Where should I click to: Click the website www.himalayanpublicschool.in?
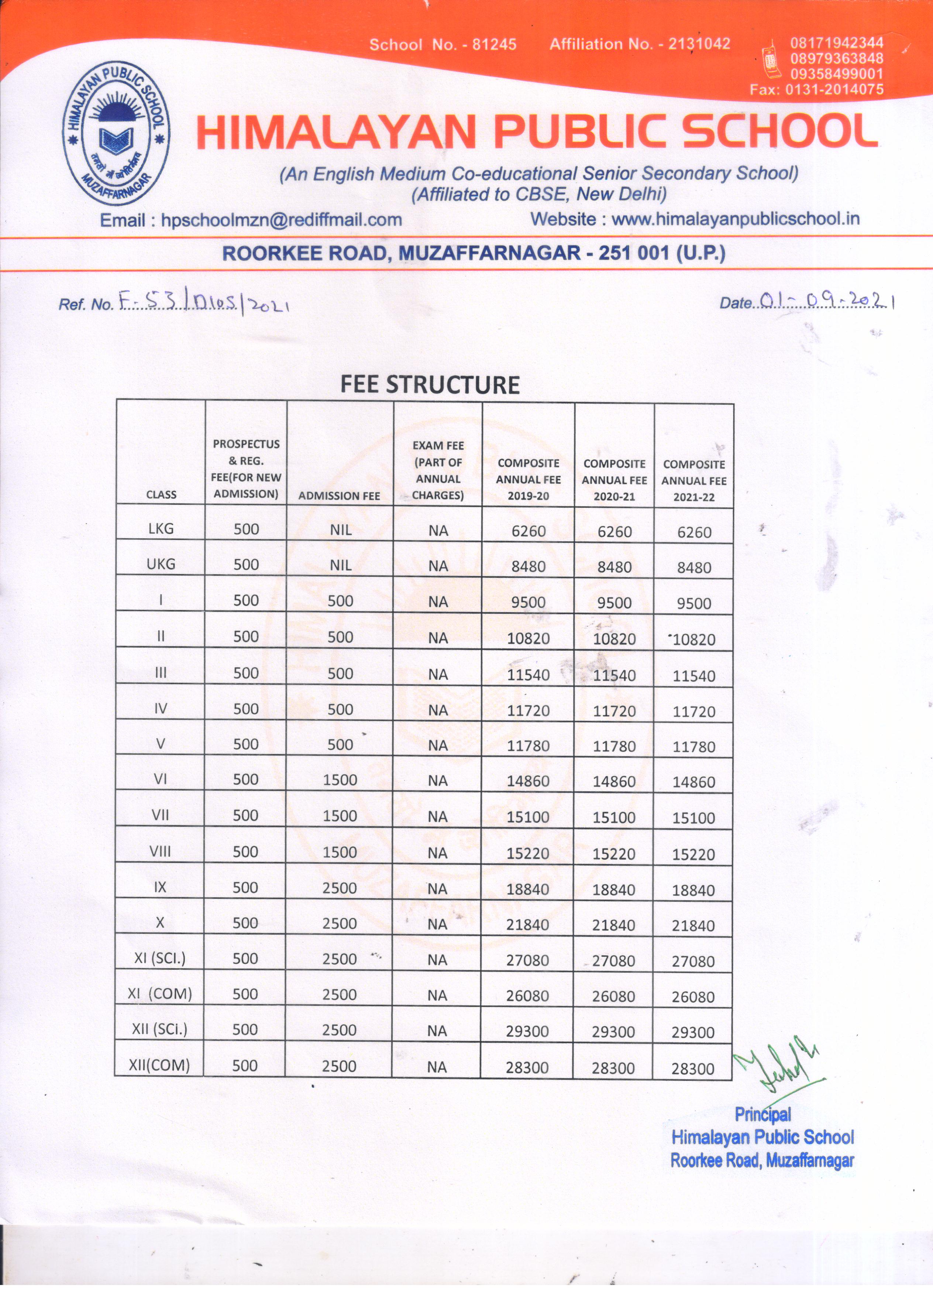(x=735, y=219)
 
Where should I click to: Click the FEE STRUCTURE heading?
(x=430, y=385)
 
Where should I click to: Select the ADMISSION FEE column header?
(x=339, y=496)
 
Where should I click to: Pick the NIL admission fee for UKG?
(x=340, y=565)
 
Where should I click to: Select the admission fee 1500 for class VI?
(x=340, y=780)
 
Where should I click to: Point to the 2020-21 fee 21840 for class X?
(x=613, y=925)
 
